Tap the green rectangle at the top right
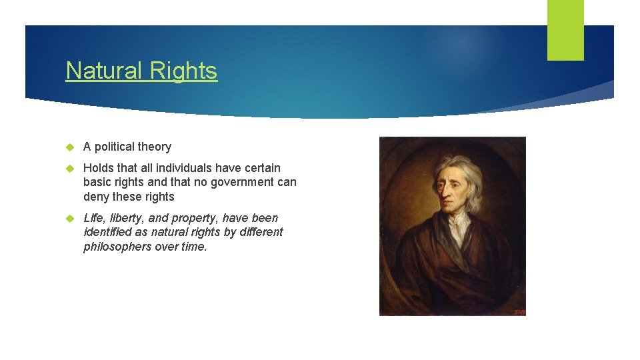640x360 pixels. (x=565, y=30)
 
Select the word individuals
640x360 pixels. (x=184, y=167)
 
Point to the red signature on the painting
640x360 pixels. (x=519, y=311)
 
